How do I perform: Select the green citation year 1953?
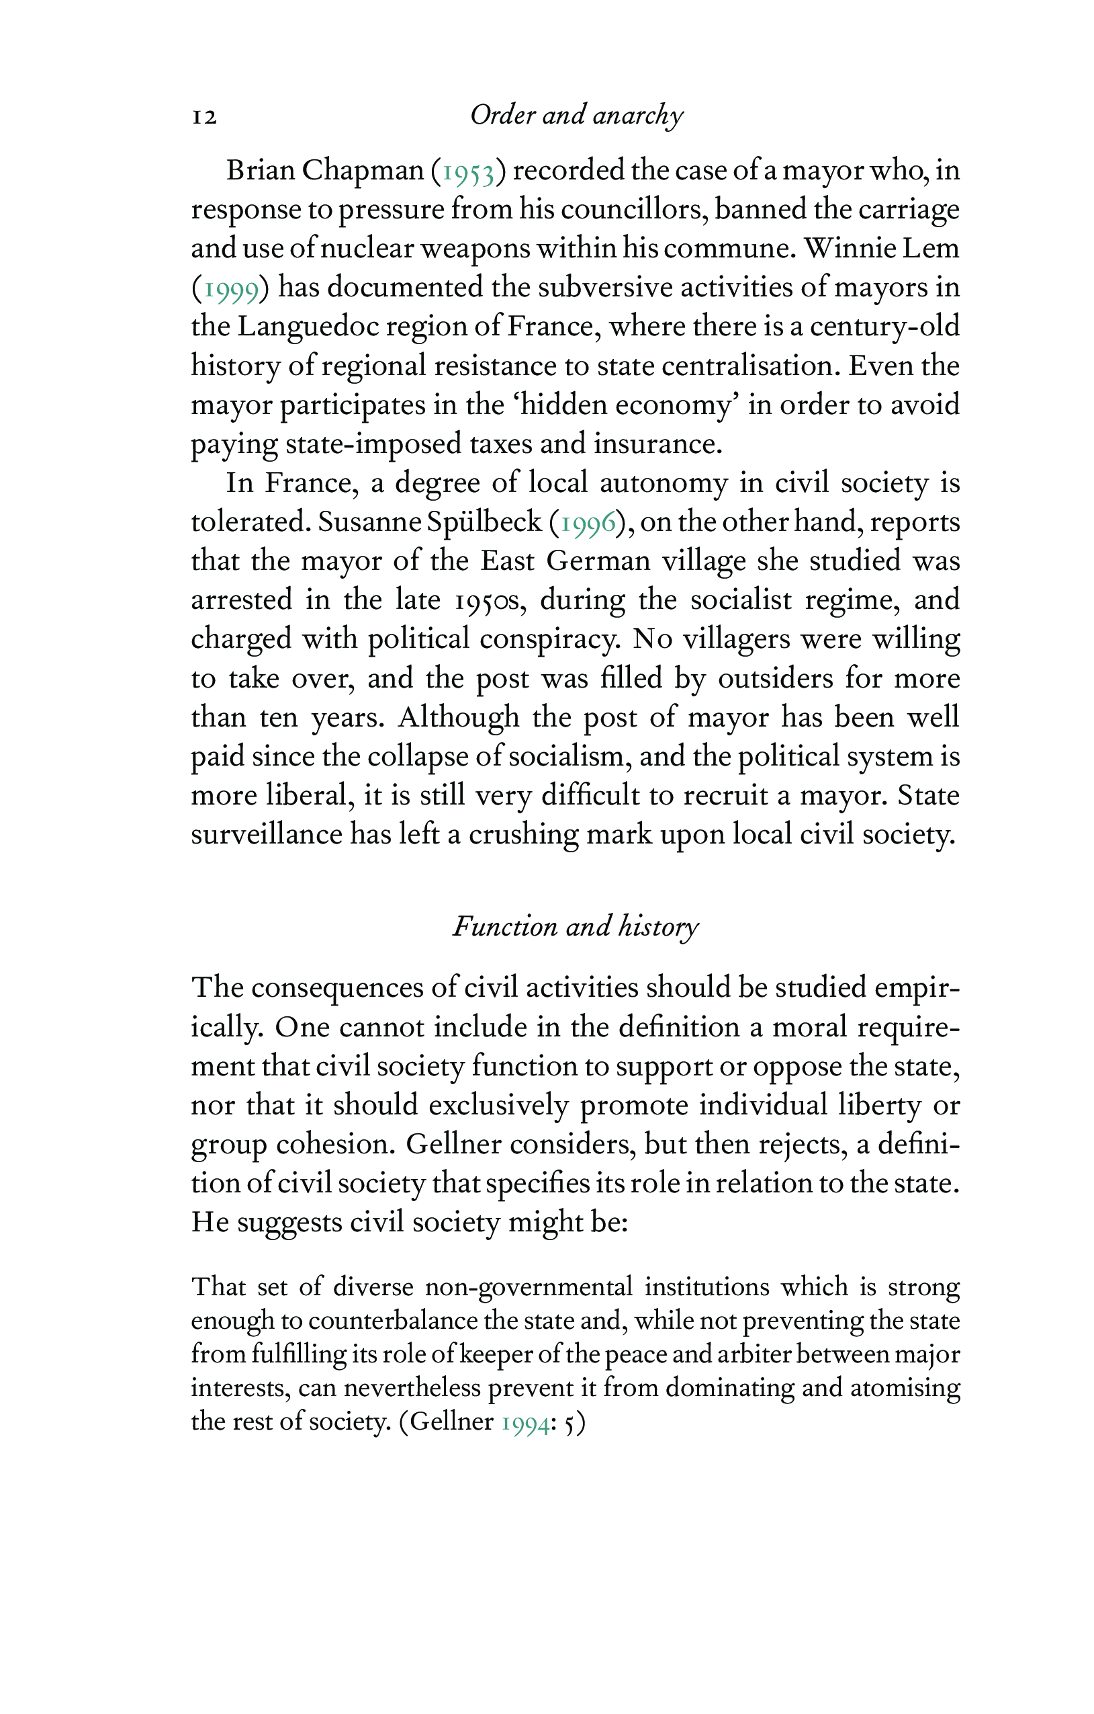[x=468, y=172]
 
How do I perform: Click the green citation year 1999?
[x=231, y=289]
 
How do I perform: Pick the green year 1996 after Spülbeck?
[x=588, y=523]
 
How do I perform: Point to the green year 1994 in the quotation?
[x=525, y=1423]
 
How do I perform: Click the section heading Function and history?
[x=576, y=927]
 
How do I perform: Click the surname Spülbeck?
[x=484, y=522]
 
